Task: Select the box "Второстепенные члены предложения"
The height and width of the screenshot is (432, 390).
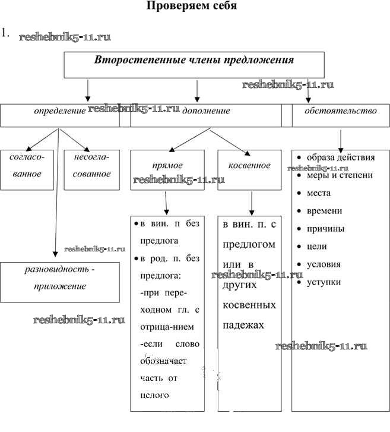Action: [194, 64]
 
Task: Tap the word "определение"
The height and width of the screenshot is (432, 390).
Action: [59, 111]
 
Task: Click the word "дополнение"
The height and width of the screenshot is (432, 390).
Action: [206, 111]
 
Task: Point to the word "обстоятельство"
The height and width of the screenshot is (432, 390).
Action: [340, 111]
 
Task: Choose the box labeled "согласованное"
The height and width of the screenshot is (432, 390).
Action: [26, 169]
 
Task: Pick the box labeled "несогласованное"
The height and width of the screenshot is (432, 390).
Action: [91, 169]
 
